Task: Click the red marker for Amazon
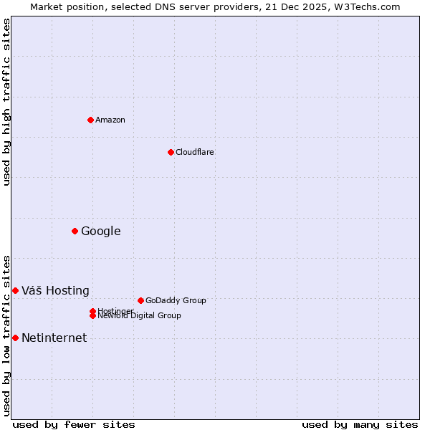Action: [x=90, y=120]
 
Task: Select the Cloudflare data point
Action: [x=171, y=152]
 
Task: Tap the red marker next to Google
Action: [x=75, y=231]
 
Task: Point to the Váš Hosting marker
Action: [x=15, y=290]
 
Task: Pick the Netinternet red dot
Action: [x=15, y=338]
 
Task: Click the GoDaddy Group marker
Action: [x=140, y=300]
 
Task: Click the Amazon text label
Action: [x=110, y=120]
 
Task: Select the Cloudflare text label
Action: [x=195, y=152]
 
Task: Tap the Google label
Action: [x=101, y=231]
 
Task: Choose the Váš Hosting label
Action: [x=55, y=290]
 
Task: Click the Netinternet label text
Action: [x=54, y=338]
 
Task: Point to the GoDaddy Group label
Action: [x=176, y=300]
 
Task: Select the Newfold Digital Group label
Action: [x=139, y=316]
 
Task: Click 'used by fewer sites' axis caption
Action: [x=74, y=424]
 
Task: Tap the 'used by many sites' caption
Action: [x=360, y=424]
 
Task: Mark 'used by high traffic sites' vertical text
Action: [x=6, y=102]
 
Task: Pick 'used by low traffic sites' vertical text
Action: [x=6, y=335]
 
